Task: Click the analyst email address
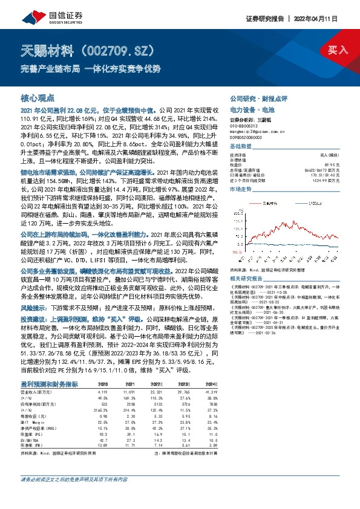point(259,131)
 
